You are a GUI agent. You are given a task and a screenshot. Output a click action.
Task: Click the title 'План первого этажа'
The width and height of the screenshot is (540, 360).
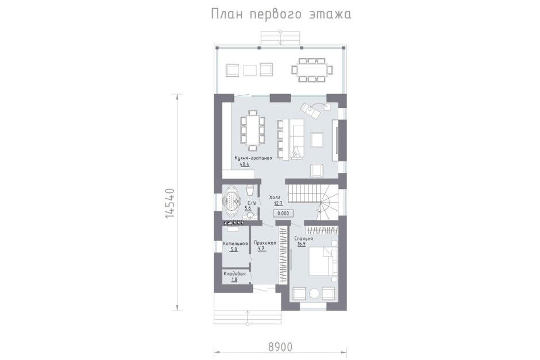coord(281,14)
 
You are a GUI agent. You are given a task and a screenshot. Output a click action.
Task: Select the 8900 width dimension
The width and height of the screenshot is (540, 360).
coord(280,347)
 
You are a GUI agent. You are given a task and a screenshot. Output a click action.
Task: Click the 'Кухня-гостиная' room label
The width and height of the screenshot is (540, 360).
coord(253,158)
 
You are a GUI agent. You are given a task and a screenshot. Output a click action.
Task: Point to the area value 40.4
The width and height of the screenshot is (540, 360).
coord(245,165)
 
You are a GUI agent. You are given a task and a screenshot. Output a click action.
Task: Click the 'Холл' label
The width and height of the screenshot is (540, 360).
coord(275,197)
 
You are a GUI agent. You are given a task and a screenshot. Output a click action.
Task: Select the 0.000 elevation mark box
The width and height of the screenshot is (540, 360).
coord(283,214)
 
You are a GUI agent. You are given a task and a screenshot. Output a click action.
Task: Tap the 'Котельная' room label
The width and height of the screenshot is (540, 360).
coord(235,243)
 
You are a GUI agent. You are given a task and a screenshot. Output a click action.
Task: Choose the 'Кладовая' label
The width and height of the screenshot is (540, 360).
coord(234,274)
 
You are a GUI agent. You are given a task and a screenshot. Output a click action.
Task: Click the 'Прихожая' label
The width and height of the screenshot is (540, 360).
coord(265,243)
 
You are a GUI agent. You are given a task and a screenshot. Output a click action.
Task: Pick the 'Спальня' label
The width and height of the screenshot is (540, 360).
coord(304,238)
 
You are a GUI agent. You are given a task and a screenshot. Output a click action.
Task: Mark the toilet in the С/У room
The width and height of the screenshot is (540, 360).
coord(250,189)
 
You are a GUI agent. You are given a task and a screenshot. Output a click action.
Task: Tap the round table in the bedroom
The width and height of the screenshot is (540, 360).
coord(314,293)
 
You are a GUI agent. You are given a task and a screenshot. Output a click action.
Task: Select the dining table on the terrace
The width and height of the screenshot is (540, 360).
coord(312,70)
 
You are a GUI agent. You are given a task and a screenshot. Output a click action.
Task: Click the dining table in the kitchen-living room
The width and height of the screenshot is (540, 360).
coord(252,130)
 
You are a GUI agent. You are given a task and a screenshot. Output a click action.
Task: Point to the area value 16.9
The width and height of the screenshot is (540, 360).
coord(302,245)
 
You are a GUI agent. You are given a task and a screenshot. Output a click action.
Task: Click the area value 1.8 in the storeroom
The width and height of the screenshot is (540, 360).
coord(234,280)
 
